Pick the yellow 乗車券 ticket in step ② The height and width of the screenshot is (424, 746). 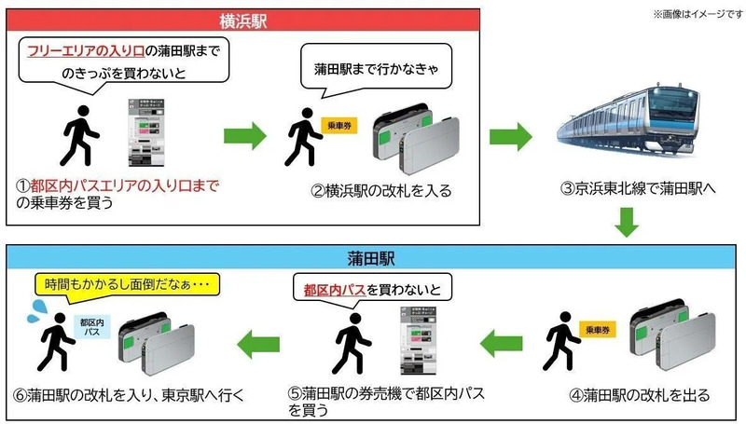[x=335, y=125]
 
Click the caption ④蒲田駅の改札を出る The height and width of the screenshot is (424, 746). [x=640, y=395]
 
